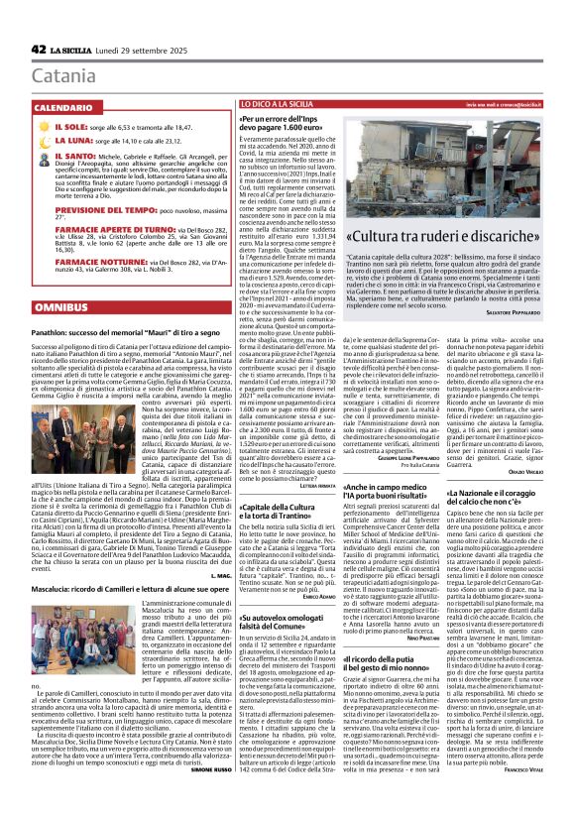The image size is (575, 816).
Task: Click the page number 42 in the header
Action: (x=39, y=49)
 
